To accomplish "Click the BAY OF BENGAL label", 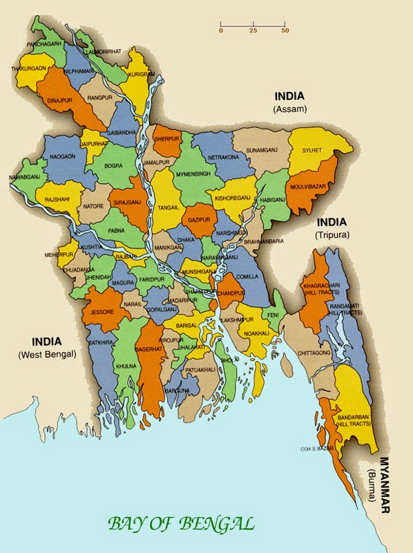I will (180, 523).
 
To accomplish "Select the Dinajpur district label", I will (59, 99).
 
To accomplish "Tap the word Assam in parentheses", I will (288, 109).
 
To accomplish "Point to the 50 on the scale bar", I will (285, 31).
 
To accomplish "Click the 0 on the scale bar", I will (221, 31).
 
